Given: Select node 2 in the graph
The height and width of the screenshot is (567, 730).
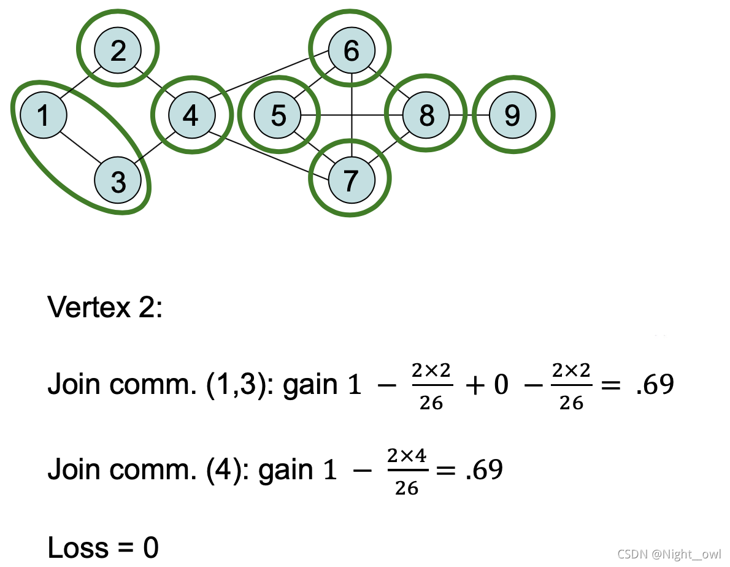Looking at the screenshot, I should pyautogui.click(x=118, y=50).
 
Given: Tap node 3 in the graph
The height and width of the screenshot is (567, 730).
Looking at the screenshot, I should pyautogui.click(x=118, y=180).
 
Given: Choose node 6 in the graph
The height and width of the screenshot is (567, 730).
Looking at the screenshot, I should pyautogui.click(x=351, y=50).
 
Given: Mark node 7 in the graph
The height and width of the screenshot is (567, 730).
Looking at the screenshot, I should pyautogui.click(x=351, y=180).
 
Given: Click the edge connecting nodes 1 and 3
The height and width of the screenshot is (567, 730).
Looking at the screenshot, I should pyautogui.click(x=80, y=148).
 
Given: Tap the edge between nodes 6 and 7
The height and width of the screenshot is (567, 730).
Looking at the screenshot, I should pyautogui.click(x=351, y=115).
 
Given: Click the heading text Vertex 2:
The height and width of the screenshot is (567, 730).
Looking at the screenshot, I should pyautogui.click(x=105, y=306).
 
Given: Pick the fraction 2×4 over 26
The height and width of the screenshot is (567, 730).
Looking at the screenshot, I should pyautogui.click(x=407, y=471).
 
